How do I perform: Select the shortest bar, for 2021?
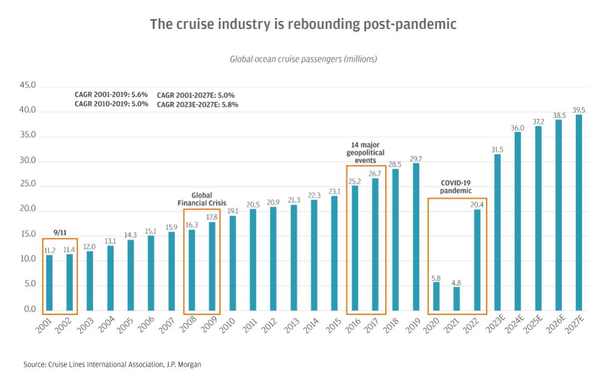(x=457, y=299)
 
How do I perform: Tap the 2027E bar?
(x=579, y=212)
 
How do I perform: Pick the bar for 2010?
(x=232, y=263)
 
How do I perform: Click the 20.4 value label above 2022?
(x=477, y=204)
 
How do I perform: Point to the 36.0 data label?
(x=517, y=128)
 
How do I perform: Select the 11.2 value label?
(x=50, y=250)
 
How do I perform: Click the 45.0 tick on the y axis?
(x=27, y=86)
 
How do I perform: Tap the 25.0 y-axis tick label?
(x=27, y=184)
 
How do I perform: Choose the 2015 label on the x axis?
(x=333, y=325)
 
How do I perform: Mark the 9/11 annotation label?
(x=60, y=232)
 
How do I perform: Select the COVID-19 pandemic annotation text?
(x=457, y=186)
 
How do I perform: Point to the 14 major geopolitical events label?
(x=366, y=152)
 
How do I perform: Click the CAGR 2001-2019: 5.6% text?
(x=111, y=95)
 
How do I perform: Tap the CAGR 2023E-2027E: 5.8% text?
(x=197, y=104)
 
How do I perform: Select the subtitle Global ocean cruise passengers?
(x=303, y=58)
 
